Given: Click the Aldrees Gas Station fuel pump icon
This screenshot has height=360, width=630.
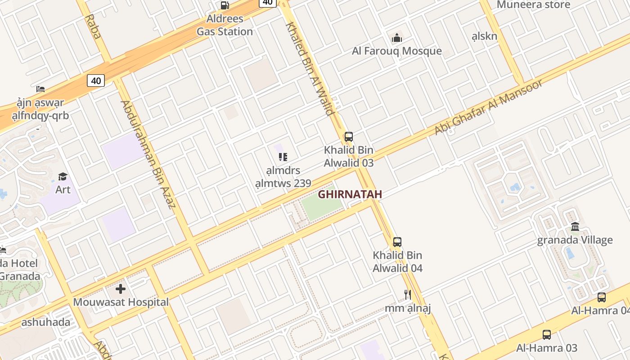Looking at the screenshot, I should (225, 5).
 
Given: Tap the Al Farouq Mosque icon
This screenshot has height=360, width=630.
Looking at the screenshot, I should (396, 38).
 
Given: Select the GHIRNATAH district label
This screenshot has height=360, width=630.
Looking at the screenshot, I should (350, 194).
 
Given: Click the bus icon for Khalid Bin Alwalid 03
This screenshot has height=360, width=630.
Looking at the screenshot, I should (348, 137).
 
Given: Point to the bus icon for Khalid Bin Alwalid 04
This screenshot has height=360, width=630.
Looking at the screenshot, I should (397, 242).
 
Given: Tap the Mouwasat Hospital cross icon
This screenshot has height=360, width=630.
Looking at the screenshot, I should (121, 288).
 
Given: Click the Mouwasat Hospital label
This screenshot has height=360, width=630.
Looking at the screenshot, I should (121, 302).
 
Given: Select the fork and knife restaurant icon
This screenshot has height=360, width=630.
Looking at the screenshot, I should (407, 295).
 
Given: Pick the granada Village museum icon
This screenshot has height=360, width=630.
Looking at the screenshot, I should (575, 226).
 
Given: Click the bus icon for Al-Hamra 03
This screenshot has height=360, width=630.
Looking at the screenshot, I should (546, 335).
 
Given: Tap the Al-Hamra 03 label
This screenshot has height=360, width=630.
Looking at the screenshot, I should (546, 348).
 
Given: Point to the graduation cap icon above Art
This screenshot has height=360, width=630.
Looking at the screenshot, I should (63, 176).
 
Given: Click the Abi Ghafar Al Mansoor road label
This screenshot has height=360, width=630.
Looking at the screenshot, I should (488, 107).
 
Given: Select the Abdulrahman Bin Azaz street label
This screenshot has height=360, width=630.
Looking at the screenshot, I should (147, 154).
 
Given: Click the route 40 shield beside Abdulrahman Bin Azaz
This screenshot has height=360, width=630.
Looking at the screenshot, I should (95, 81).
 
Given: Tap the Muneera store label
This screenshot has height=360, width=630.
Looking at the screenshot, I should (533, 5).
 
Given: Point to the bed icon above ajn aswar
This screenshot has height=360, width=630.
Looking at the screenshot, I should (40, 89).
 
